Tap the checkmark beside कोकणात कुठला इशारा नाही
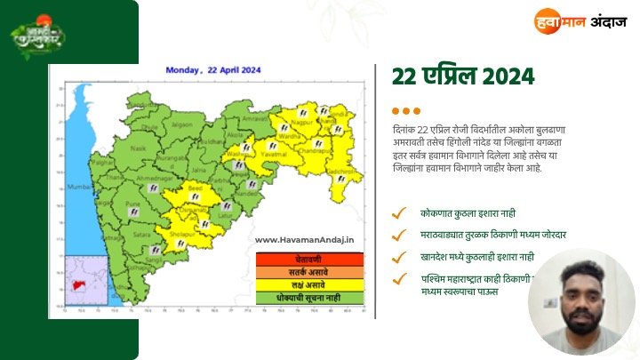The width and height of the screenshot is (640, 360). (x=403, y=213)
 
